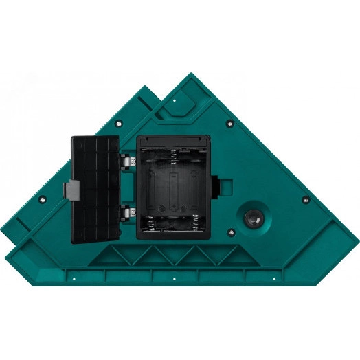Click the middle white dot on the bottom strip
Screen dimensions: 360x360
(175, 280)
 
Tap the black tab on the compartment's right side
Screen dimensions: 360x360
(216, 185)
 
